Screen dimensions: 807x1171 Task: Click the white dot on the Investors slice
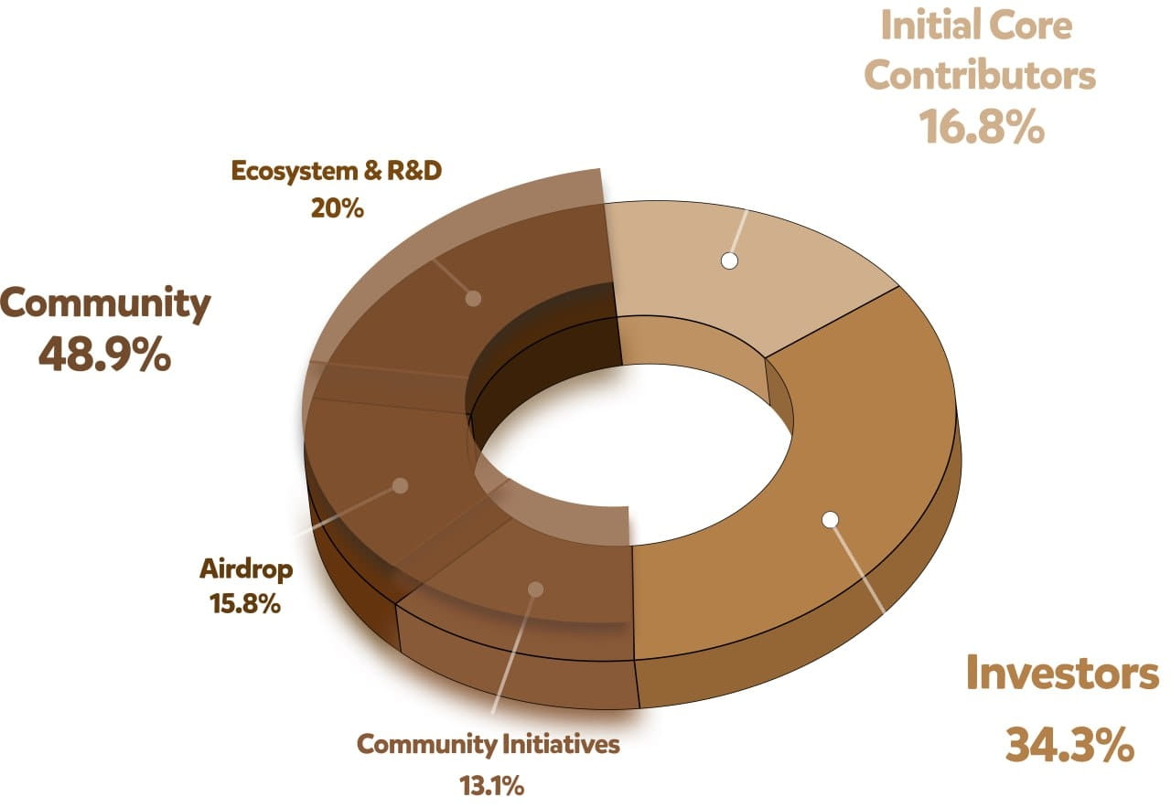(x=830, y=519)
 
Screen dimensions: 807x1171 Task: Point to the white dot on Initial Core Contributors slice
(x=728, y=260)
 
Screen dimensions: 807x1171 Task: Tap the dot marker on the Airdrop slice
(x=400, y=486)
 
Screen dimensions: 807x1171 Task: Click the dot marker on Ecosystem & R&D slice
(x=473, y=297)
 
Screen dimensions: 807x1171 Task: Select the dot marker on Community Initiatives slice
(x=536, y=589)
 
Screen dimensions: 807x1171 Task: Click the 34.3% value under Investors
(x=1069, y=745)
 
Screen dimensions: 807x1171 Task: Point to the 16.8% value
(x=981, y=128)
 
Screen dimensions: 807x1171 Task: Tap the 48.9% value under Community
(x=104, y=354)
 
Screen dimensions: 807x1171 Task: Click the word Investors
(x=1062, y=674)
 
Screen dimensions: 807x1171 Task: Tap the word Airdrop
(x=246, y=570)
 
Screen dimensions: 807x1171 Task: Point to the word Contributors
(x=980, y=76)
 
